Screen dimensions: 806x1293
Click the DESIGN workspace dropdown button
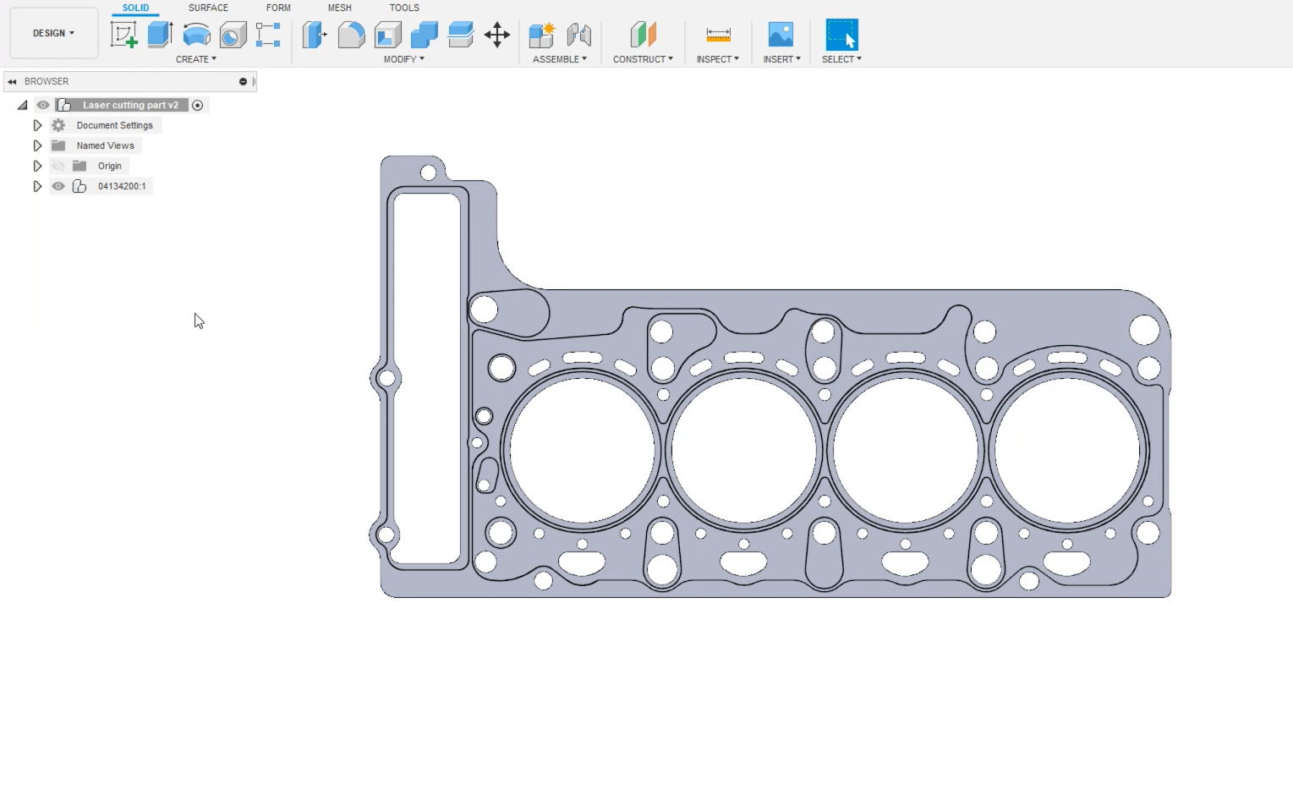pos(53,33)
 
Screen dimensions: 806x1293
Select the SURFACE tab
pos(208,8)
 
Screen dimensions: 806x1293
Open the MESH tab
pos(339,8)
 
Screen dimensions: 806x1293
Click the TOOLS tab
pos(404,8)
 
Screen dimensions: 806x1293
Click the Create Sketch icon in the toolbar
pos(124,35)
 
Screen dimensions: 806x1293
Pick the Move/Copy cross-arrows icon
pos(497,35)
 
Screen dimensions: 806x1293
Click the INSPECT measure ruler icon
pos(718,35)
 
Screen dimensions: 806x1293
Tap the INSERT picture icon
pos(781,35)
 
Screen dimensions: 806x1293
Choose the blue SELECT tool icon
pos(841,35)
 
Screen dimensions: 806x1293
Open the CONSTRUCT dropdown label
pos(643,59)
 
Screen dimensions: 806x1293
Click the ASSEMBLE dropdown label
pos(559,59)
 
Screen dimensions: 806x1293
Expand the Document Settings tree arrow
pos(37,125)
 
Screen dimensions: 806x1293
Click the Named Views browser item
pos(105,145)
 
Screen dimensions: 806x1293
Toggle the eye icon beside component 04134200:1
pos(58,186)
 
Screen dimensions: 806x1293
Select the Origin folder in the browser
pos(109,166)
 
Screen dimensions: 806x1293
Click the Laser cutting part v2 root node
pos(130,105)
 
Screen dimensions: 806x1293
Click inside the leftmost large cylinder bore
pos(582,450)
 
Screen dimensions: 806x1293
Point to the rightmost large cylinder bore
pos(1067,450)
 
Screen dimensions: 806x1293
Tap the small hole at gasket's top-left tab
pos(428,173)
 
